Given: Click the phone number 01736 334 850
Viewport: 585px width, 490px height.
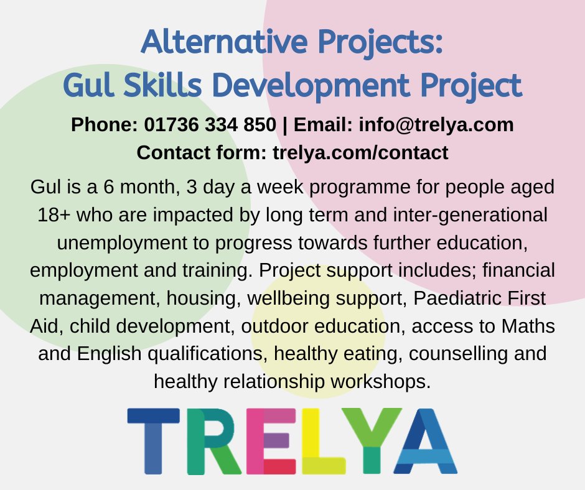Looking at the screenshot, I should pyautogui.click(x=210, y=125).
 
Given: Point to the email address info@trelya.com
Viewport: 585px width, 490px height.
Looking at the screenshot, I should pyautogui.click(x=436, y=125).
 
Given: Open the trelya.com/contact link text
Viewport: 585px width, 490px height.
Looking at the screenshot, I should pyautogui.click(x=361, y=152).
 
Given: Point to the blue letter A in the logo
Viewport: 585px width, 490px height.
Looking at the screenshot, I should pyautogui.click(x=426, y=440).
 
